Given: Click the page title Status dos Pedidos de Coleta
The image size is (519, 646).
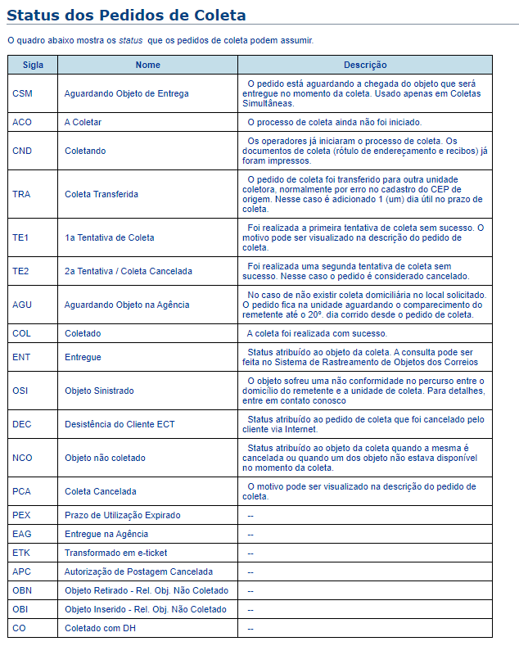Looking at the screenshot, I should [x=126, y=16].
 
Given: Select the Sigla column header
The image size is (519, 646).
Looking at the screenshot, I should [x=34, y=65].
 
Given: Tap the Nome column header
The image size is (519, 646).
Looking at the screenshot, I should [x=148, y=65].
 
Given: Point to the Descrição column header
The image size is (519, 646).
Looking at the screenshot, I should [x=365, y=65].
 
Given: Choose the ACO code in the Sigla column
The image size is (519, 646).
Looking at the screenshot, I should [x=22, y=122].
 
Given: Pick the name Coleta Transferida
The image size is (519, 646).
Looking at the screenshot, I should [x=102, y=194].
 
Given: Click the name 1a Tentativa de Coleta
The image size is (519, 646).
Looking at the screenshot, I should [x=110, y=237].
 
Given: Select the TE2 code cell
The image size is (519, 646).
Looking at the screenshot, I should [x=21, y=271].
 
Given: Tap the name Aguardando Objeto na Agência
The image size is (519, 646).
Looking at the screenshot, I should [x=127, y=305].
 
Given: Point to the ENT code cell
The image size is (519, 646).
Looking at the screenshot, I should [x=21, y=357].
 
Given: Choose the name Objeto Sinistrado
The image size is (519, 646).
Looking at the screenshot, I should [x=99, y=391].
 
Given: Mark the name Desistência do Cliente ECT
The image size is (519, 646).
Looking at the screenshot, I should [x=120, y=424].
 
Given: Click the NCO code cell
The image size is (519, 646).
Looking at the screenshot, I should [x=22, y=458].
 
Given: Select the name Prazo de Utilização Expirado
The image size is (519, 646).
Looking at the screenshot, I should [x=123, y=515].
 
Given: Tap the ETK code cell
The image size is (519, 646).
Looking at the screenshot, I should [x=21, y=553].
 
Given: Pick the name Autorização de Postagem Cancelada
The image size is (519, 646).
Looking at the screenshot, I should [x=138, y=571].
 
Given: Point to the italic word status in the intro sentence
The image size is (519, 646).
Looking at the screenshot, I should [x=132, y=40].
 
